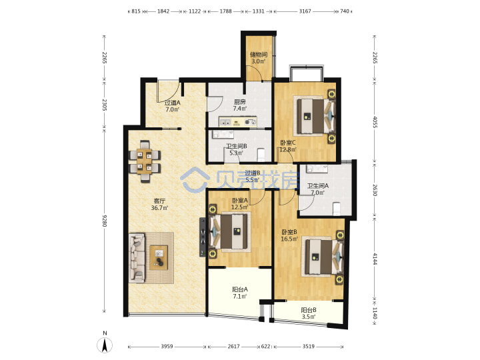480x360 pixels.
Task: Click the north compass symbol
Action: (105, 345)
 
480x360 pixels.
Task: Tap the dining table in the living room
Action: (144, 161)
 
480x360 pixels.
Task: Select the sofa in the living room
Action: (137, 257)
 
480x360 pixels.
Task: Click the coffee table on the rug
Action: (159, 257)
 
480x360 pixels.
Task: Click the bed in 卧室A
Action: (229, 231)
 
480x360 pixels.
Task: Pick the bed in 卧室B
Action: (323, 256)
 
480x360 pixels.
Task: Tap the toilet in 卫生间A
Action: (336, 209)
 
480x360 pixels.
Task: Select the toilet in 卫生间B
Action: (261, 155)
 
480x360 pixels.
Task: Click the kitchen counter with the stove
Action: (237, 121)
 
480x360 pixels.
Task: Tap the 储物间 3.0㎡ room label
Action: (259, 58)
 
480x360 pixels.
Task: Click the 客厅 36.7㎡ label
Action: (159, 205)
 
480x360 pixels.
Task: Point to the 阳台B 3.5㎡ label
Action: (309, 313)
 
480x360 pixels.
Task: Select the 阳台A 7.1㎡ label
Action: (240, 293)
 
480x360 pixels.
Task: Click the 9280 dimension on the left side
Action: (105, 221)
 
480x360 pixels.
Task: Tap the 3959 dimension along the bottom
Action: (167, 347)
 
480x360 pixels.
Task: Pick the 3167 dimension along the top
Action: (305, 11)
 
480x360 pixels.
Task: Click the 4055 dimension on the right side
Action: (375, 122)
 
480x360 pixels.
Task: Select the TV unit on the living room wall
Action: (203, 237)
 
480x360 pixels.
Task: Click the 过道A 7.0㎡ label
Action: (173, 106)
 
